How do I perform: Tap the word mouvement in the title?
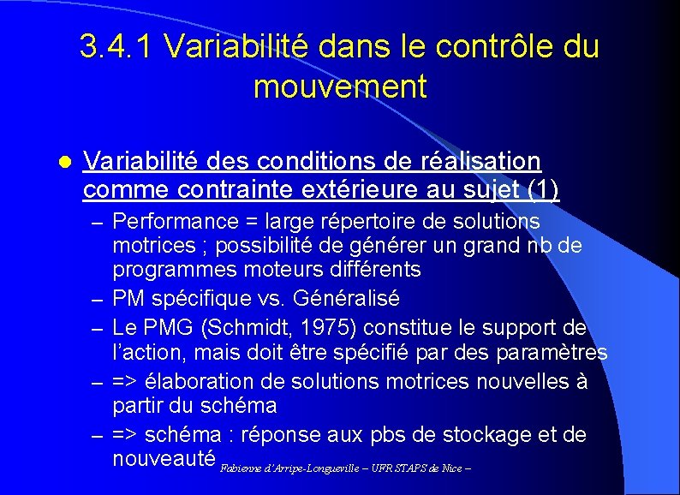point(340,86)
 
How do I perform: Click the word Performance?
point(176,222)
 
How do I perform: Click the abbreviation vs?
point(270,299)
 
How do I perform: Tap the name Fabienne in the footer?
point(239,469)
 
